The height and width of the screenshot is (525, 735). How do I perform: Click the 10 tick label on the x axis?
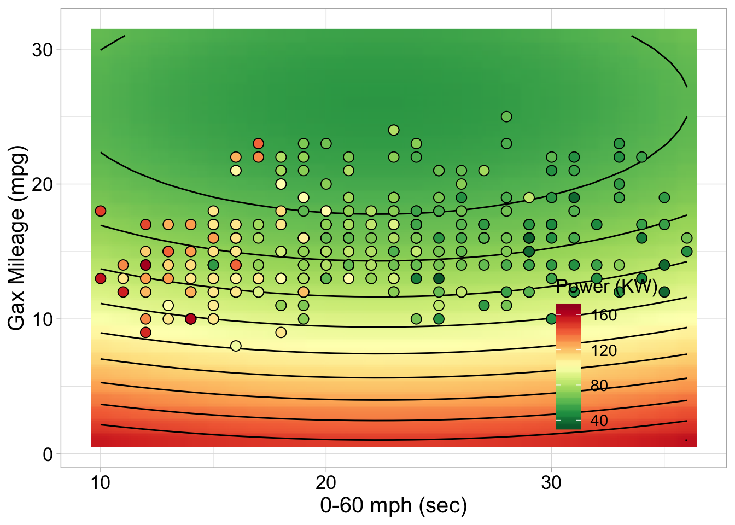pos(100,483)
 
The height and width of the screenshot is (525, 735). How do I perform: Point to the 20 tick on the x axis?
pos(326,483)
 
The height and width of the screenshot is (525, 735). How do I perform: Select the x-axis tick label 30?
pos(551,483)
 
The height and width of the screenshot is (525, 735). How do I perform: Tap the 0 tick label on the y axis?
pos(48,454)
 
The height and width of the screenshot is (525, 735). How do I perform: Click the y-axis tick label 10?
pos(43,319)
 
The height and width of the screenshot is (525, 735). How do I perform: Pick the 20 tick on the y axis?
pos(43,184)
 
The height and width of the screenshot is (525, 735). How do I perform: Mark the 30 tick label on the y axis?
pos(43,50)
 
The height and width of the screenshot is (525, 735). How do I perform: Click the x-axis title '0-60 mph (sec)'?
pos(393,506)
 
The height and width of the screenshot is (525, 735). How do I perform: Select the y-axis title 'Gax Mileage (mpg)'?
pos(17,238)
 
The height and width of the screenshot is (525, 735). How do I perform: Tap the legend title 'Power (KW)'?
pos(606,287)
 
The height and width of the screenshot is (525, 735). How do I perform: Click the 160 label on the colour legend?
pos(604,315)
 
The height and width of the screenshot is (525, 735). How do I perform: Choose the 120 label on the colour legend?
pos(604,351)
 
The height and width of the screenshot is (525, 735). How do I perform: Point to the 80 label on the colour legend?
pos(599,386)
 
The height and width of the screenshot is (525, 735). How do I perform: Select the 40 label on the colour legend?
pos(599,421)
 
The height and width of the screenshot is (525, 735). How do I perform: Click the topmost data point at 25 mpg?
pos(506,116)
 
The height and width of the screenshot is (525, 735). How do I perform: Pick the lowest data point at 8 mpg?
pos(236,346)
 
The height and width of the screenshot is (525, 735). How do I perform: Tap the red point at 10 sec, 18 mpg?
pos(100,211)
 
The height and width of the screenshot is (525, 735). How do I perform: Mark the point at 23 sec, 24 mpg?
pos(394,130)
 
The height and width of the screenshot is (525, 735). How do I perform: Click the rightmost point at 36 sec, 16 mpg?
pos(687,238)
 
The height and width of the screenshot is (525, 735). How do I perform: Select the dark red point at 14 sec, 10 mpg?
pos(190,319)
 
